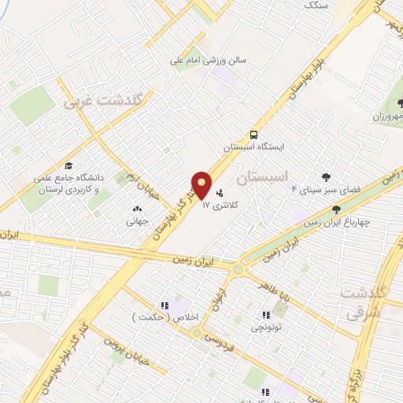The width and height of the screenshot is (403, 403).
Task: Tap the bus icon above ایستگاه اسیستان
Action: [x=253, y=134]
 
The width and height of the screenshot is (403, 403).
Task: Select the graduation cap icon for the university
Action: [x=69, y=166]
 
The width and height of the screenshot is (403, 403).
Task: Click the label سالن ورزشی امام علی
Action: [x=211, y=59]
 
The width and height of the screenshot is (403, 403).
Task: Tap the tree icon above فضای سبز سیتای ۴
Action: [x=325, y=177]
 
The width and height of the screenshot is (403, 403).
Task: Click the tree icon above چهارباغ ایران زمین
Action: [x=337, y=209]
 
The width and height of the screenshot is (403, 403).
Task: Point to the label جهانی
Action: [x=138, y=222]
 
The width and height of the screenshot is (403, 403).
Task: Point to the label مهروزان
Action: [x=387, y=117]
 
